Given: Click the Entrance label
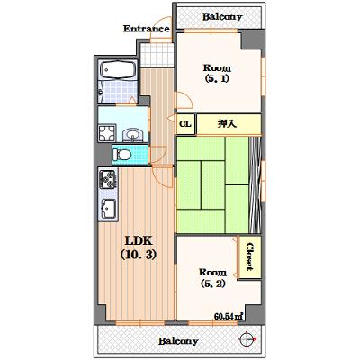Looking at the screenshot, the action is [147, 29].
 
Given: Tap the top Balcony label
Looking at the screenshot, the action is [222, 17].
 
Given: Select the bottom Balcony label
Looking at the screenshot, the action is [178, 341].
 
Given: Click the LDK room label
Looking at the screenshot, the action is [139, 241].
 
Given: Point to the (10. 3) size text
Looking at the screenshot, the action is [139, 255].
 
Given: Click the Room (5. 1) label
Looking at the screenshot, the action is [217, 73].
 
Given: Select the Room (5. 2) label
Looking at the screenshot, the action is [212, 278].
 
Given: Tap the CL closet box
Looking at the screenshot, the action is [186, 124].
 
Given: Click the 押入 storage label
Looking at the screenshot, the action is [227, 124].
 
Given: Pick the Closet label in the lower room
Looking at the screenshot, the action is [249, 256].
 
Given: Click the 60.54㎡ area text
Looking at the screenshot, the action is [229, 316].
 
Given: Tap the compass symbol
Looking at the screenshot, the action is [247, 339].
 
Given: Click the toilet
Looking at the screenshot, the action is [121, 155].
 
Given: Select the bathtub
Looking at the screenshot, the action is [118, 70].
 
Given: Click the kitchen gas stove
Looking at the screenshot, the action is [108, 179].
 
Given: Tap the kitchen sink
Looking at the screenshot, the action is [109, 209].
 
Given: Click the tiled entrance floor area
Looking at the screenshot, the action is [157, 56].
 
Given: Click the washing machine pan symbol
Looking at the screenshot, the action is [107, 132].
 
